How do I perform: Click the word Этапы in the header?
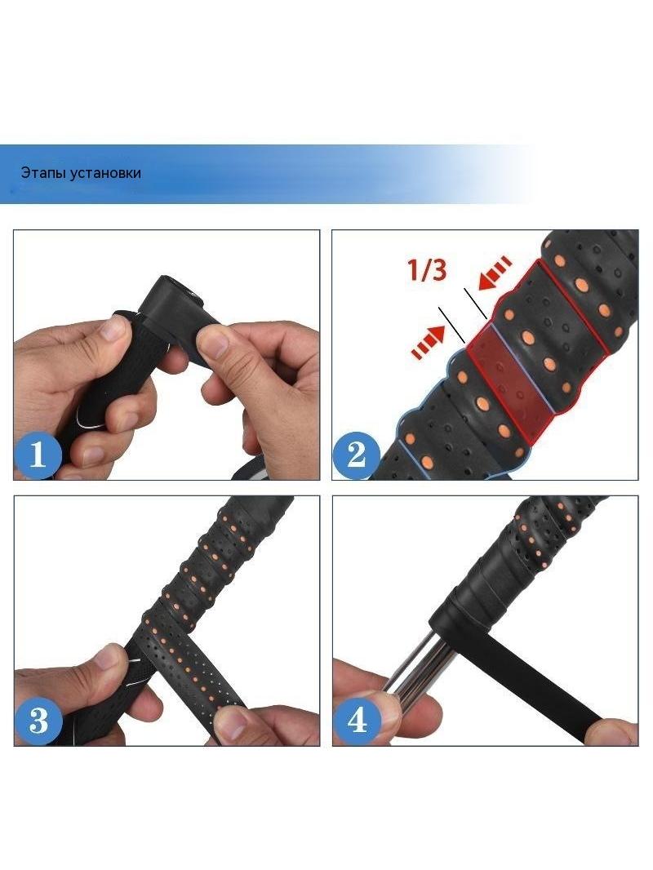42,173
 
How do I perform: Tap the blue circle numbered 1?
38,455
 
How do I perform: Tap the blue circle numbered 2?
356,455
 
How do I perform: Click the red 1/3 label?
427,269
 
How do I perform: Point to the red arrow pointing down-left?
495,273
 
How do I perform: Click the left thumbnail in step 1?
113,328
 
